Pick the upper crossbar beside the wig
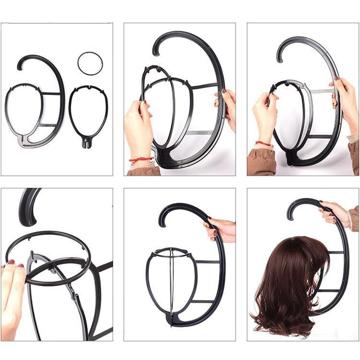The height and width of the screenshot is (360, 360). (336, 252)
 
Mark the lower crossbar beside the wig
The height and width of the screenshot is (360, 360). (329, 291)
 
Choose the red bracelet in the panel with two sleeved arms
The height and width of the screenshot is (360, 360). (263, 143)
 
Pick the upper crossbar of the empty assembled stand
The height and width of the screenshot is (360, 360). (208, 261)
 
